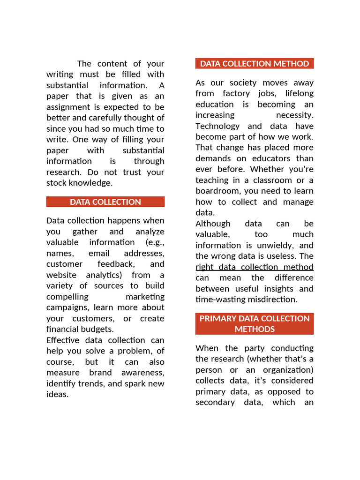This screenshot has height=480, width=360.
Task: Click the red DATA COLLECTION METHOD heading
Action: point(255,64)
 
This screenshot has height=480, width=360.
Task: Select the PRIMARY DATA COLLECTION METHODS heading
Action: point(255,323)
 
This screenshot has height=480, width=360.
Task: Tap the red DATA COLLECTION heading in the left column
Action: point(105,202)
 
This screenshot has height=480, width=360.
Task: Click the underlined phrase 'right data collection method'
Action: point(255,267)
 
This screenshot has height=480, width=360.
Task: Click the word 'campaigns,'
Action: point(67,307)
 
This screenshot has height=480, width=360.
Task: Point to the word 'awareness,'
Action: point(143,373)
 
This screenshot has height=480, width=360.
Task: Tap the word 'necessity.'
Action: point(295,115)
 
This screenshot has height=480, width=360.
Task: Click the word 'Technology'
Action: point(217,126)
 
